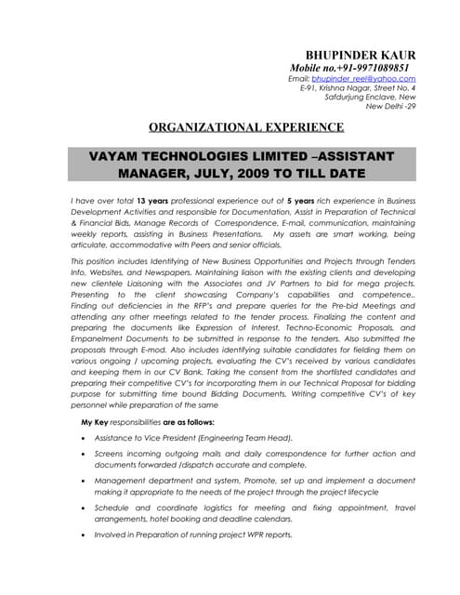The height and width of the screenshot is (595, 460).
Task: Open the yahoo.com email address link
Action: click(x=364, y=79)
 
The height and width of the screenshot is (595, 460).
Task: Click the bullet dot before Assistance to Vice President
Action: click(x=85, y=438)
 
